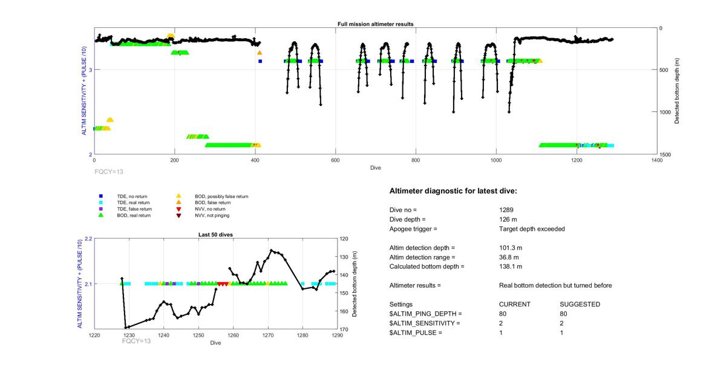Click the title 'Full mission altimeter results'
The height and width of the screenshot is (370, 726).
tap(375, 24)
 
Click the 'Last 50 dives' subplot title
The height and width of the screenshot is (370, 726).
tap(215, 234)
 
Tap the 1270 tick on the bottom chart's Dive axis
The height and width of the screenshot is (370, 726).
tap(269, 335)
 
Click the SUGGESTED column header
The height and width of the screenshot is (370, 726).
tap(580, 304)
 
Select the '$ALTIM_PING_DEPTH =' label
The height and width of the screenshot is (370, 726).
tap(425, 314)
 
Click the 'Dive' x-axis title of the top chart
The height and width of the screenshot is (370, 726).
tap(375, 168)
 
